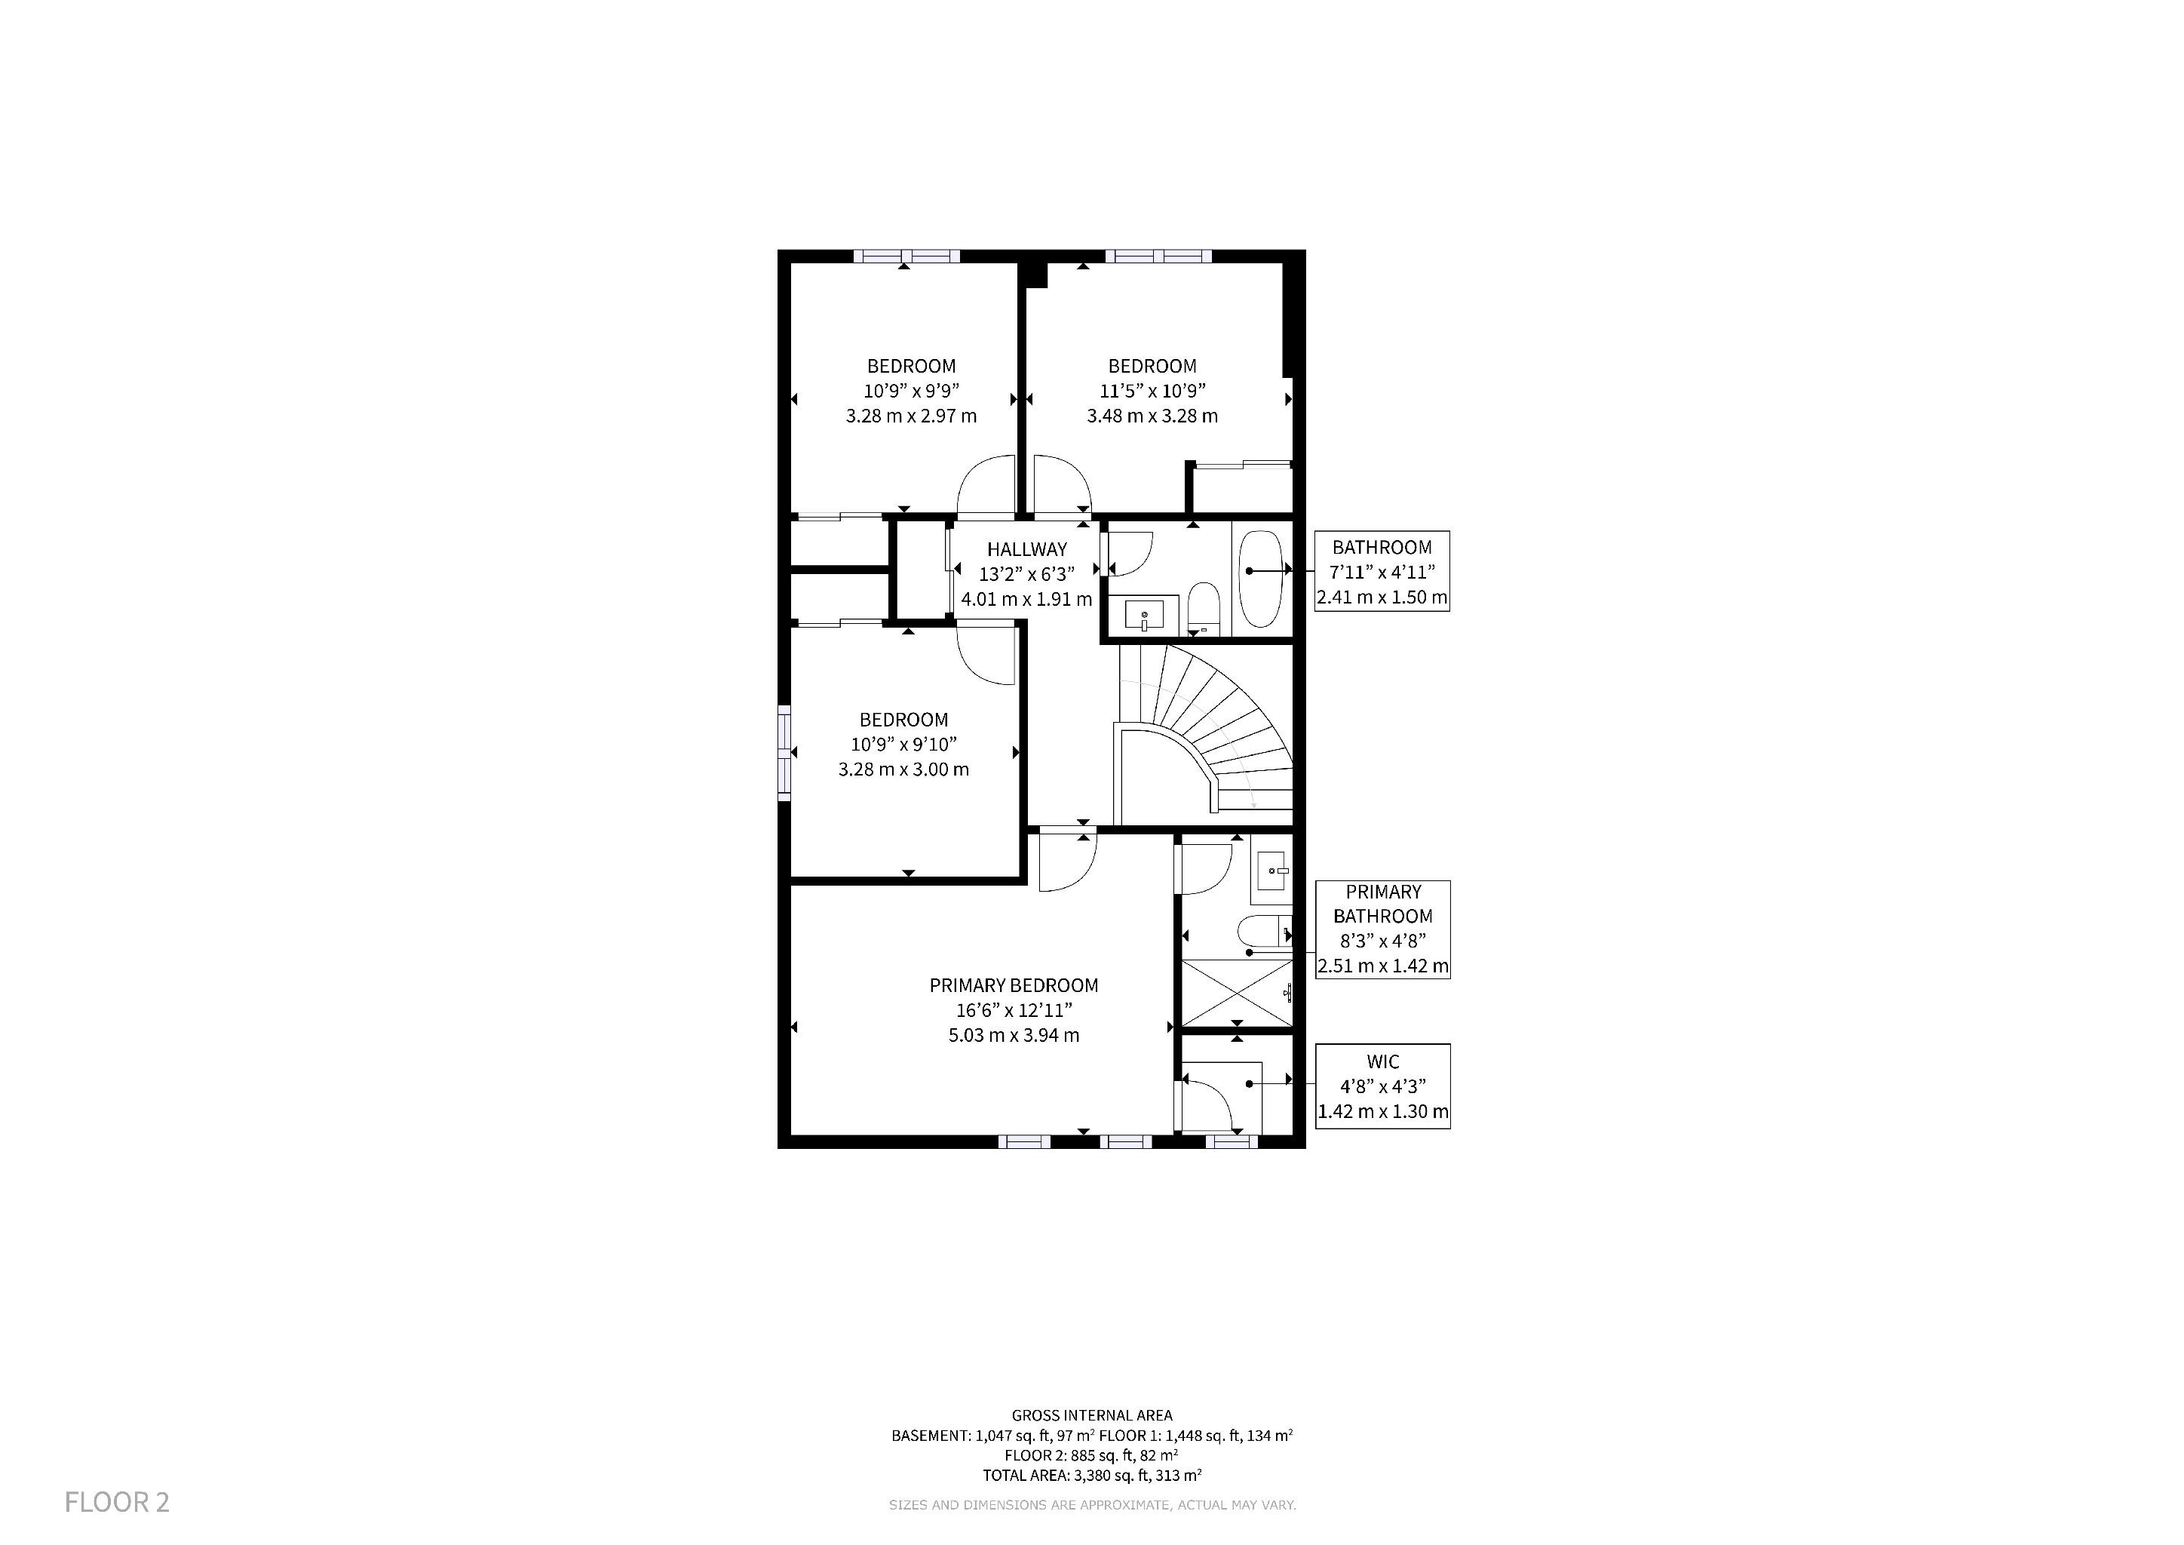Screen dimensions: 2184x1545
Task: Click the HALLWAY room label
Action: [1026, 549]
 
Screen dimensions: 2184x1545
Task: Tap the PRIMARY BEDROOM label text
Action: [1014, 985]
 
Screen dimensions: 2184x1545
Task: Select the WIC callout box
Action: [1383, 1086]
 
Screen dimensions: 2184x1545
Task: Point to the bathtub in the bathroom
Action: [1262, 579]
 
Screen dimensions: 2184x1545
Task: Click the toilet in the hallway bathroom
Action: [1204, 608]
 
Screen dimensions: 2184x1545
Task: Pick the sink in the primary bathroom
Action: [1271, 871]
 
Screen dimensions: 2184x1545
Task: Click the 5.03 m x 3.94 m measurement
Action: [1014, 1035]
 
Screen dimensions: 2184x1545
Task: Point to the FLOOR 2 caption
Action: [117, 1502]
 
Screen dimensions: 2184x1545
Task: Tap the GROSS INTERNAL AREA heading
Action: [1092, 1415]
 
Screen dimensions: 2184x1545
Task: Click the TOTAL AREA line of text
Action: [1092, 1476]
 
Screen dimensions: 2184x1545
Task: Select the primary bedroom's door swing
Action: [1067, 861]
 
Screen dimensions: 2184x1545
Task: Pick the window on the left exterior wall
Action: [785, 751]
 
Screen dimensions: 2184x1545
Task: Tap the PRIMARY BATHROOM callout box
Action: [1383, 929]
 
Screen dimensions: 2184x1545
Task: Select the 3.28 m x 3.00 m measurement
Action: [903, 769]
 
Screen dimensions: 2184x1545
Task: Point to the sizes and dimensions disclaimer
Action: [1092, 1505]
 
